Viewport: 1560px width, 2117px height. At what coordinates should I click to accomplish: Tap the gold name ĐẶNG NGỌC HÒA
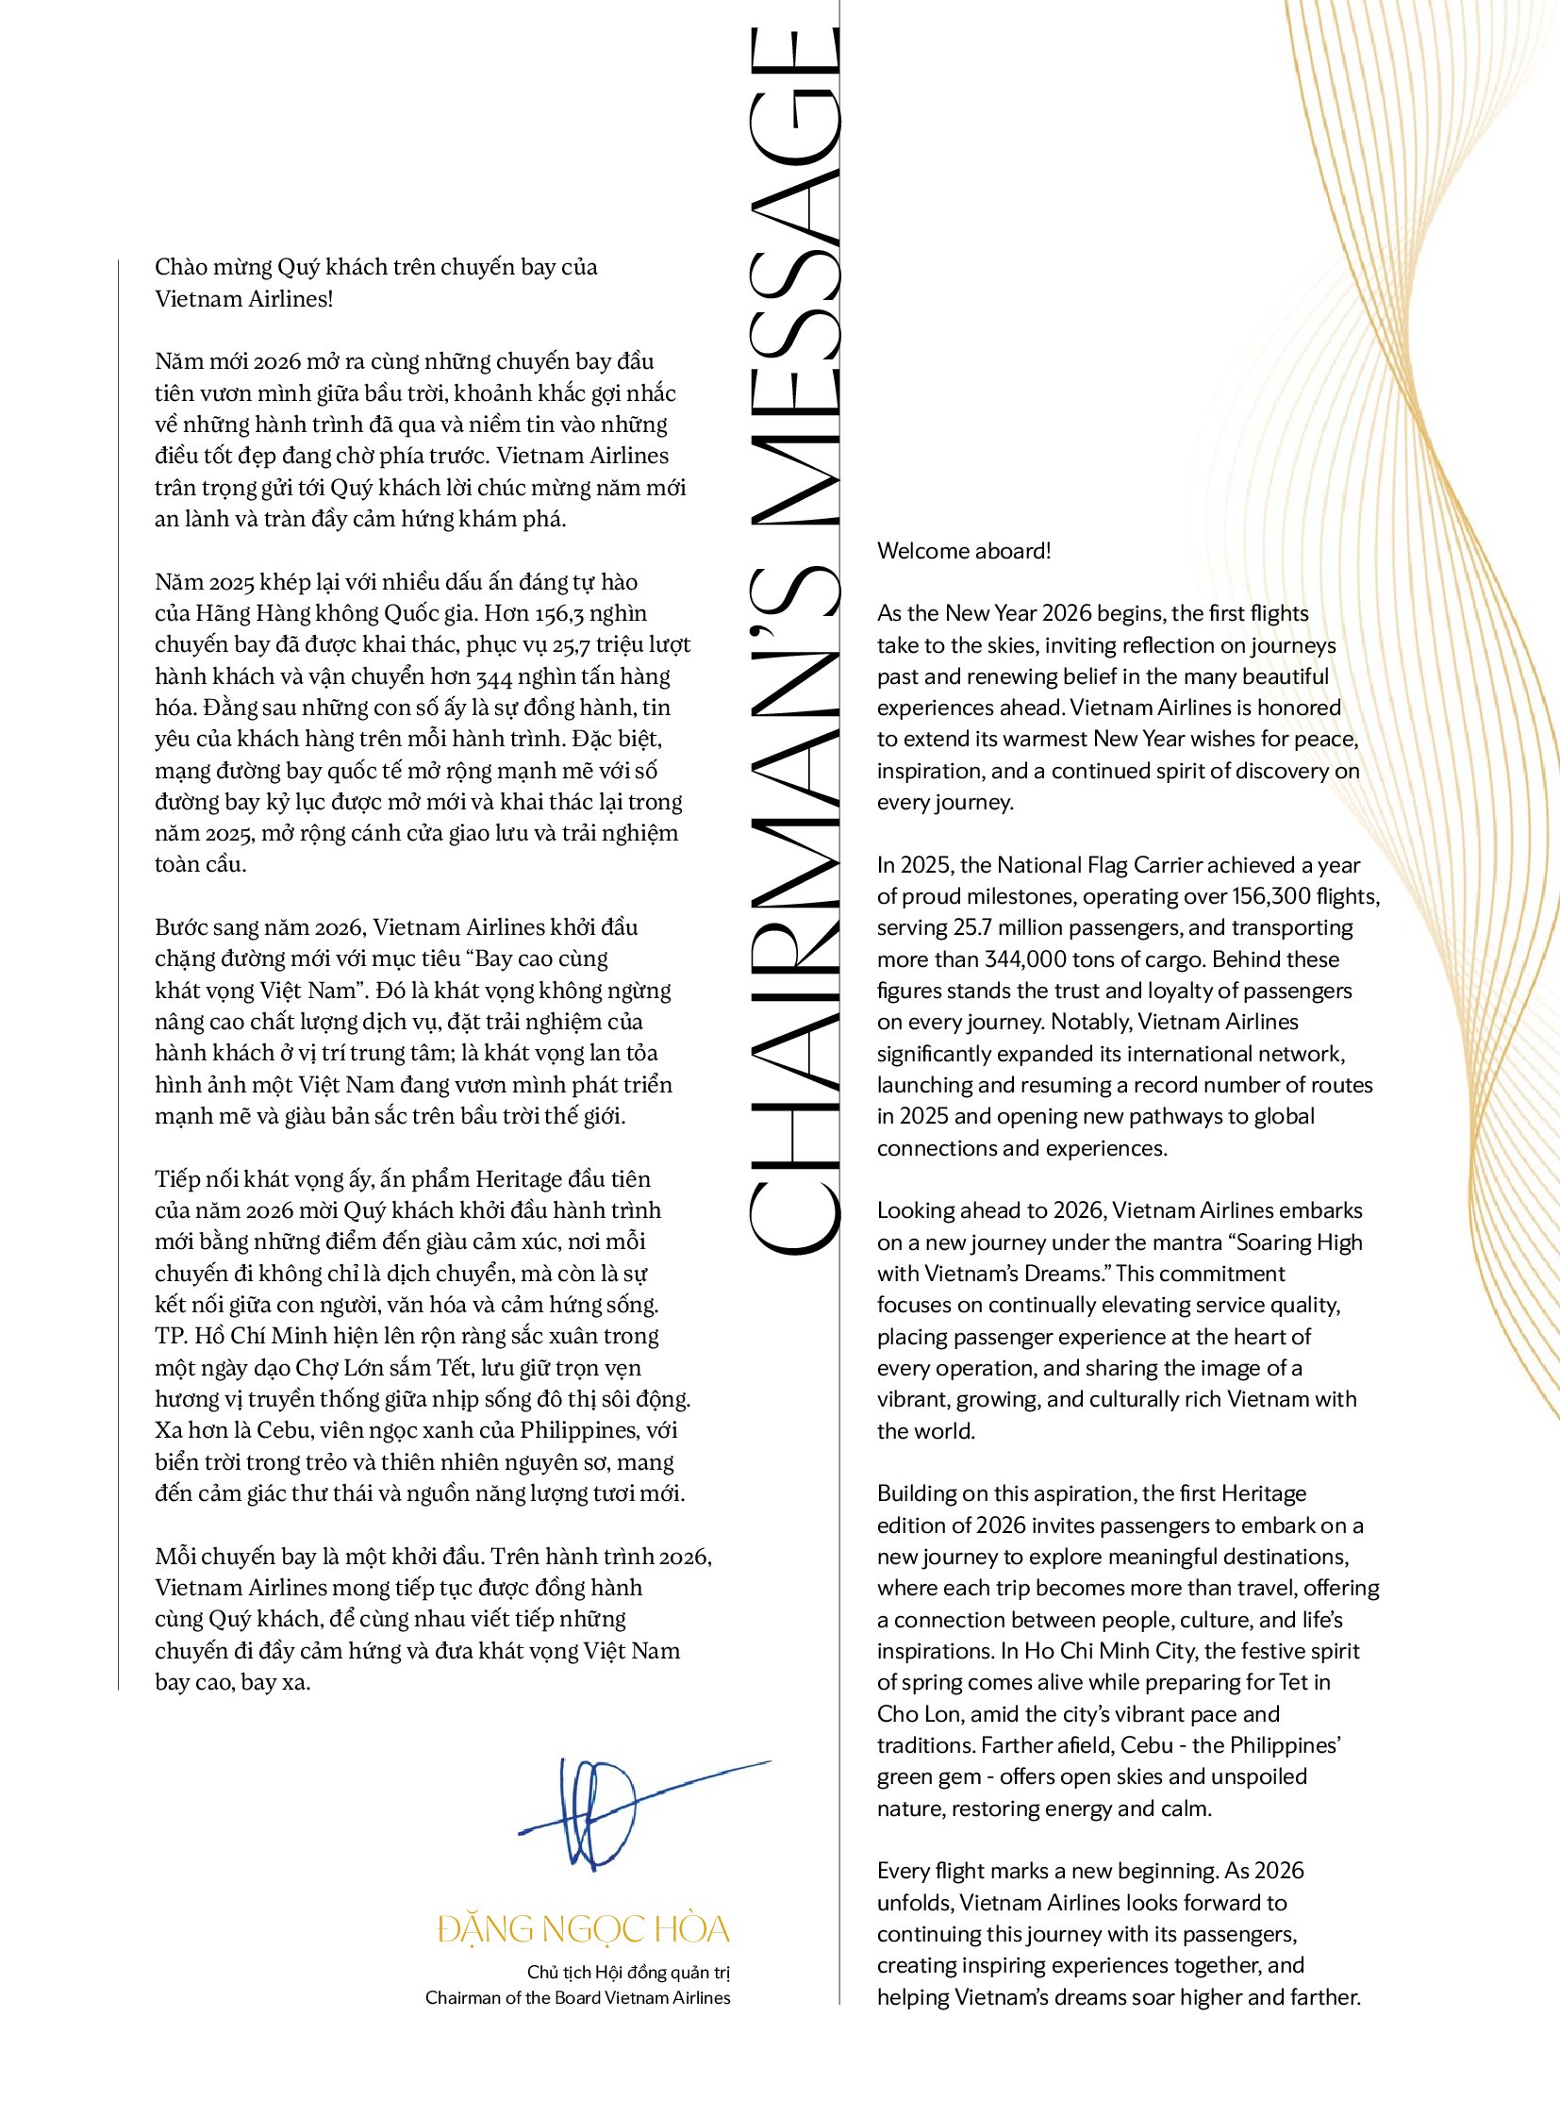tap(584, 1929)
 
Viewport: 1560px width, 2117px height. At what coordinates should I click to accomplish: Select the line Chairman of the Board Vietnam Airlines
tap(577, 1998)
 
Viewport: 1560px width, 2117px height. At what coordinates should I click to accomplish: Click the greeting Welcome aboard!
tap(963, 551)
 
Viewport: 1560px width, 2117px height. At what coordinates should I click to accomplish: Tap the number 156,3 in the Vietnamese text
tap(559, 614)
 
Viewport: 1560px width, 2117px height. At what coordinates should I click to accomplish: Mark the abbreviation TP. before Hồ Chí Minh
tap(171, 1337)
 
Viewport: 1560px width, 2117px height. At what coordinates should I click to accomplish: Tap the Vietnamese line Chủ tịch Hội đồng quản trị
tap(628, 1973)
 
